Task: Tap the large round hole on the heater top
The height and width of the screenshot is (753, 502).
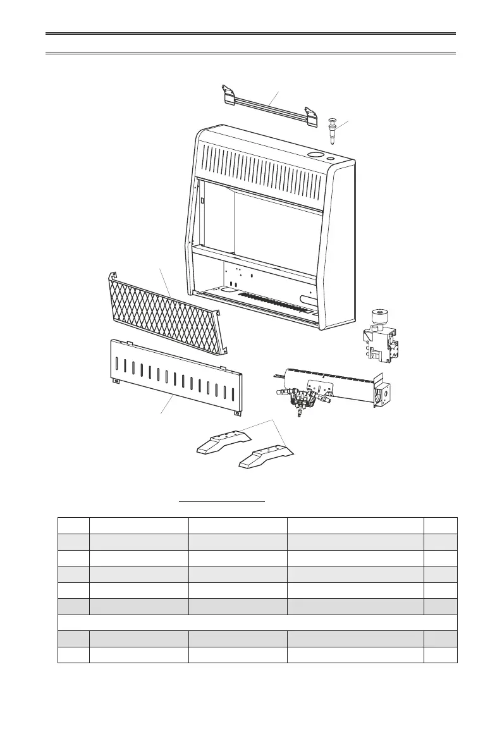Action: [314, 154]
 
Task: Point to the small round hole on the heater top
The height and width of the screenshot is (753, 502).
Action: [331, 158]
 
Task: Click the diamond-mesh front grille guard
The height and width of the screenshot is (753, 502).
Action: [166, 311]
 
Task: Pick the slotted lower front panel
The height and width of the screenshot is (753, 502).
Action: [176, 378]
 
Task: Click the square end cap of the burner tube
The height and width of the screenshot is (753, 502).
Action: [383, 395]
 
